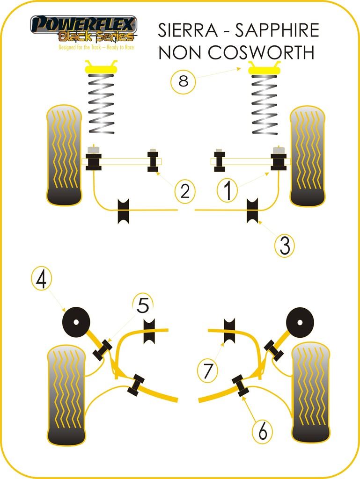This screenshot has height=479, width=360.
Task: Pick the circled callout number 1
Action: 228,190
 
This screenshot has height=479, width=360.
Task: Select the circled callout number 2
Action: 185,190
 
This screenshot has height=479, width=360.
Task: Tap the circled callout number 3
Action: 285,245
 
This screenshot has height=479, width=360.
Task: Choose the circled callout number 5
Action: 143,306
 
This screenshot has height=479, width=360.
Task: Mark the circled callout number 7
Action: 208,370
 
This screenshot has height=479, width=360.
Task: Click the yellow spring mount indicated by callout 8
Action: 264,69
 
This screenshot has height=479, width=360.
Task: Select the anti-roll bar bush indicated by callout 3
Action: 253,210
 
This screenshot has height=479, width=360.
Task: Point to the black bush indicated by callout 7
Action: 229,331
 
